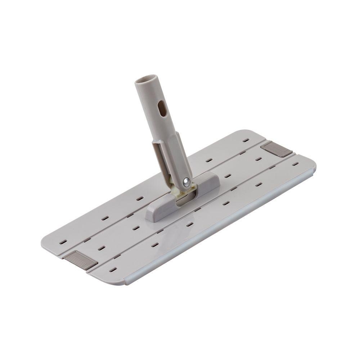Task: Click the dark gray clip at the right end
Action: tap(276, 149)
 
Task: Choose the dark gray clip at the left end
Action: tap(80, 259)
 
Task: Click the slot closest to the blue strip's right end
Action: tap(295, 164)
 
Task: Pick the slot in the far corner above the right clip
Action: tap(246, 140)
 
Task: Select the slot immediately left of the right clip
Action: tap(258, 158)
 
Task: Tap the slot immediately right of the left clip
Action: tap(102, 248)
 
